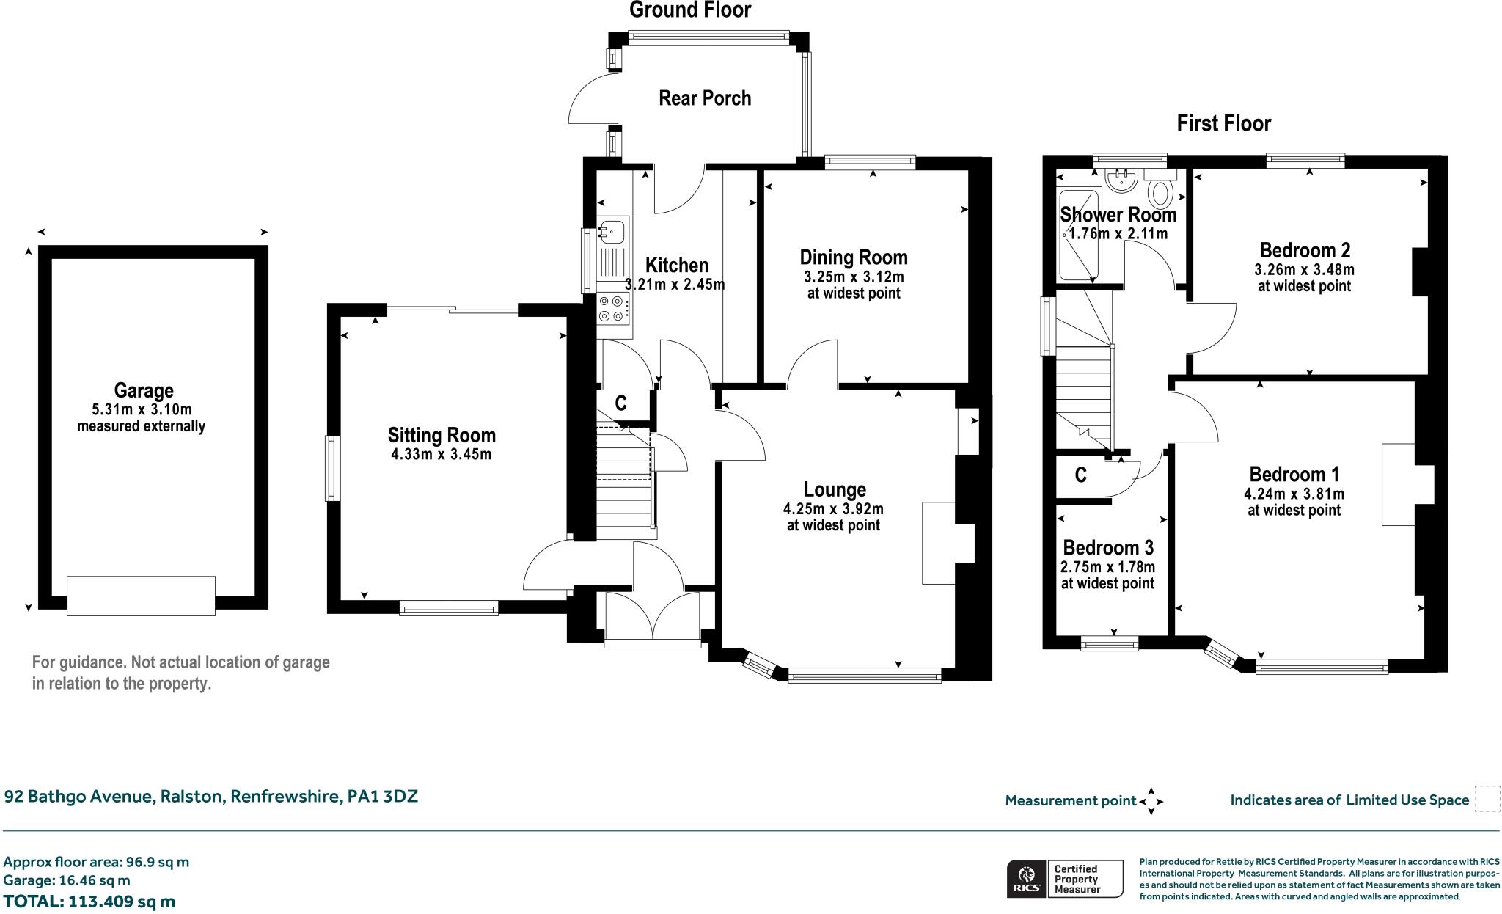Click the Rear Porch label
(x=705, y=98)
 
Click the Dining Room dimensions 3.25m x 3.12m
(x=854, y=277)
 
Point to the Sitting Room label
(x=442, y=436)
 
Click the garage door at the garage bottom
(x=141, y=595)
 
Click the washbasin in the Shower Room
(x=1120, y=178)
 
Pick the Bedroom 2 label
(x=1305, y=250)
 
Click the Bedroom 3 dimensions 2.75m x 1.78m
(x=1107, y=567)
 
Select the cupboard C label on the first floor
(x=1080, y=476)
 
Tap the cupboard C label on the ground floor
(x=620, y=403)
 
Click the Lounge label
(x=835, y=490)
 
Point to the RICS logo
(x=1026, y=879)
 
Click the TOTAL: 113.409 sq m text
(x=89, y=901)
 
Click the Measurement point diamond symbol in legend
(x=1151, y=801)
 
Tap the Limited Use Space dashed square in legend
(x=1487, y=799)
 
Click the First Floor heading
(x=1223, y=123)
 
